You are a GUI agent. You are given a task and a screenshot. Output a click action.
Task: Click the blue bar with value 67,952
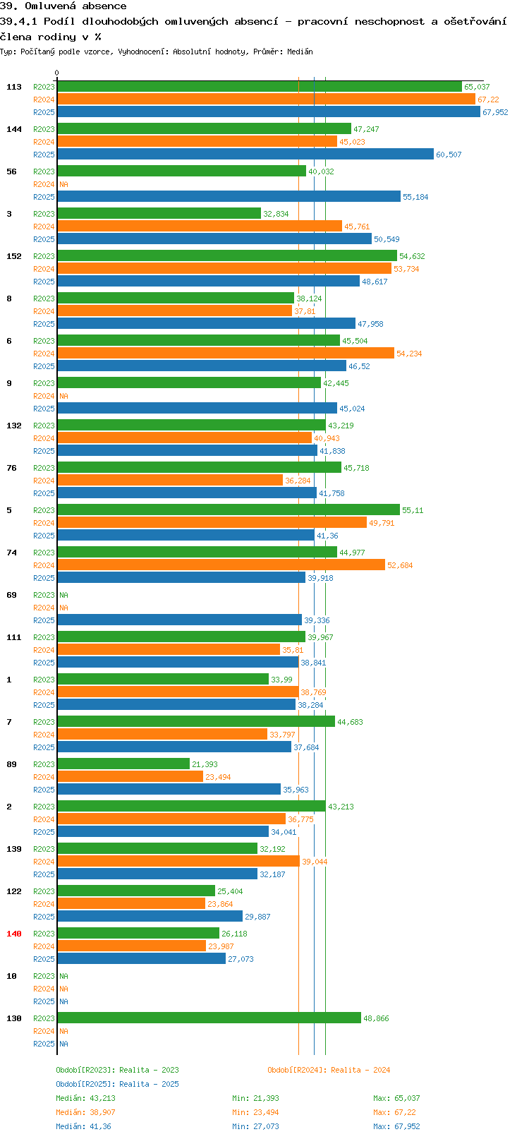point(269,112)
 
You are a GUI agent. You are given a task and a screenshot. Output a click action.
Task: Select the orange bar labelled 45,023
point(197,141)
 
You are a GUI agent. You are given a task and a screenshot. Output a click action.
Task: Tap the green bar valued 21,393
point(123,764)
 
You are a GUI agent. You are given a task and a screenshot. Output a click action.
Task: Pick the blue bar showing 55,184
point(229,196)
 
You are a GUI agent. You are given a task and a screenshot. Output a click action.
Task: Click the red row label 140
point(13,934)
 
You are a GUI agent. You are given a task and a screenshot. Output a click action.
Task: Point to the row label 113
point(13,87)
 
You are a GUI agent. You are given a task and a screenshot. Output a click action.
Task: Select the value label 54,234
point(409,354)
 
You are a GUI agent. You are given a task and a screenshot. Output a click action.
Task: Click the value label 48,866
point(376,1018)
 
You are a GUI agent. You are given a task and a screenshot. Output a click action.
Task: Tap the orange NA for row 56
point(63,184)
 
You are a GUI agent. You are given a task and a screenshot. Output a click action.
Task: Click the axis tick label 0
point(57,73)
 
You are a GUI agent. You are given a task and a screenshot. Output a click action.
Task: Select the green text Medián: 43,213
point(85,1098)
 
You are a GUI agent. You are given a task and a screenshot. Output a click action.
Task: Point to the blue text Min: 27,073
point(255,1126)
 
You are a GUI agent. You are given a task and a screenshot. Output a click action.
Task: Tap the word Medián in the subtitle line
point(300,52)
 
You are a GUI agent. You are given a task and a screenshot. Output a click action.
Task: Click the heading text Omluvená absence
point(75,6)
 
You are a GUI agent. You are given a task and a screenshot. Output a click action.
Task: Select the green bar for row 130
point(209,1018)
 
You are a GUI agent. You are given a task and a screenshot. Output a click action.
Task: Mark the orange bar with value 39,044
point(178,861)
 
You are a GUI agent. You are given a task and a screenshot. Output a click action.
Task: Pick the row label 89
point(11,764)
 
